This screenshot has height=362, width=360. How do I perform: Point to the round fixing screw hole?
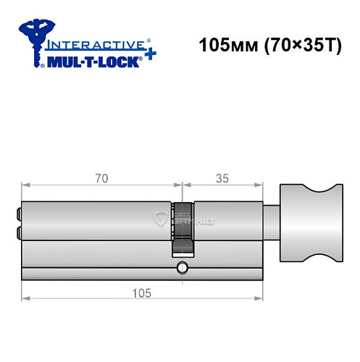tap(181, 270)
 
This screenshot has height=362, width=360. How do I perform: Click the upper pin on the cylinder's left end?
tap(17, 215)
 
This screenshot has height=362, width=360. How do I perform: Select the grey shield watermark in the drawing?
tap(159, 218)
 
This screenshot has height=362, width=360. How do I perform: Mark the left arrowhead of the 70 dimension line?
tap(25, 185)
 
